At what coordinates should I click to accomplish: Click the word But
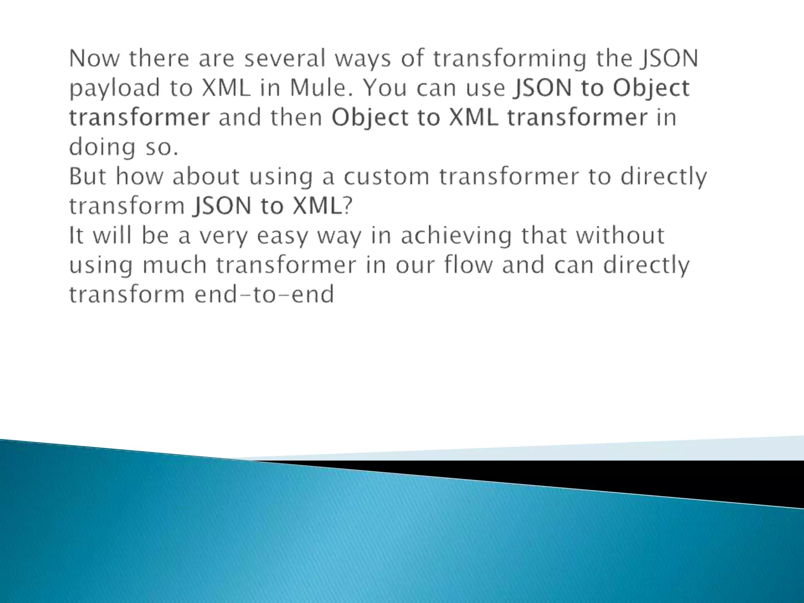tap(88, 176)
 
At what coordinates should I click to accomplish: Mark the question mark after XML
tap(348, 205)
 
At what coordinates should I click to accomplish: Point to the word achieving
tap(456, 236)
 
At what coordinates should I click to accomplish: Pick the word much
tap(174, 265)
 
